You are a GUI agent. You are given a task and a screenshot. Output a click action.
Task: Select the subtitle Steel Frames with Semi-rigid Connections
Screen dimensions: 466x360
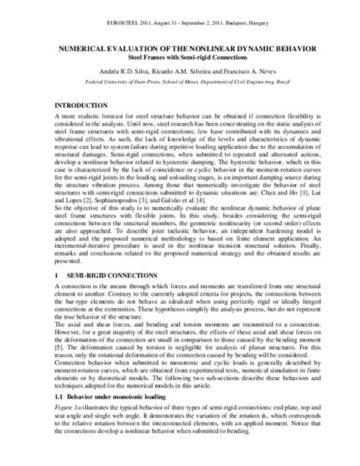[180, 56]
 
